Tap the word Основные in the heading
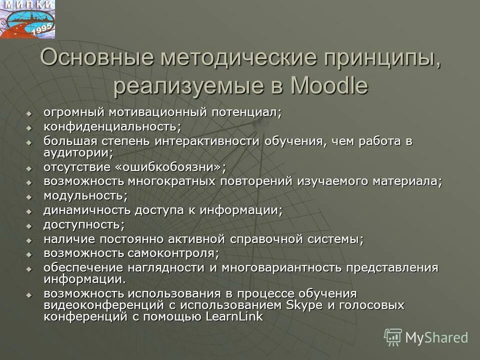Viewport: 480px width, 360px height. (97, 58)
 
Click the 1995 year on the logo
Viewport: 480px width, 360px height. (42, 30)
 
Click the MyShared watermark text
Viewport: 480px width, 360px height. (436, 337)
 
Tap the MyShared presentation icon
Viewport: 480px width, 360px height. (393, 337)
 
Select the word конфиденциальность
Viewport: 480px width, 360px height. (112, 126)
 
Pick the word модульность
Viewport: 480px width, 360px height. (85, 195)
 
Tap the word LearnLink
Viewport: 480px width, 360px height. (234, 317)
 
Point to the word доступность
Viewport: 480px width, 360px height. (84, 224)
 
